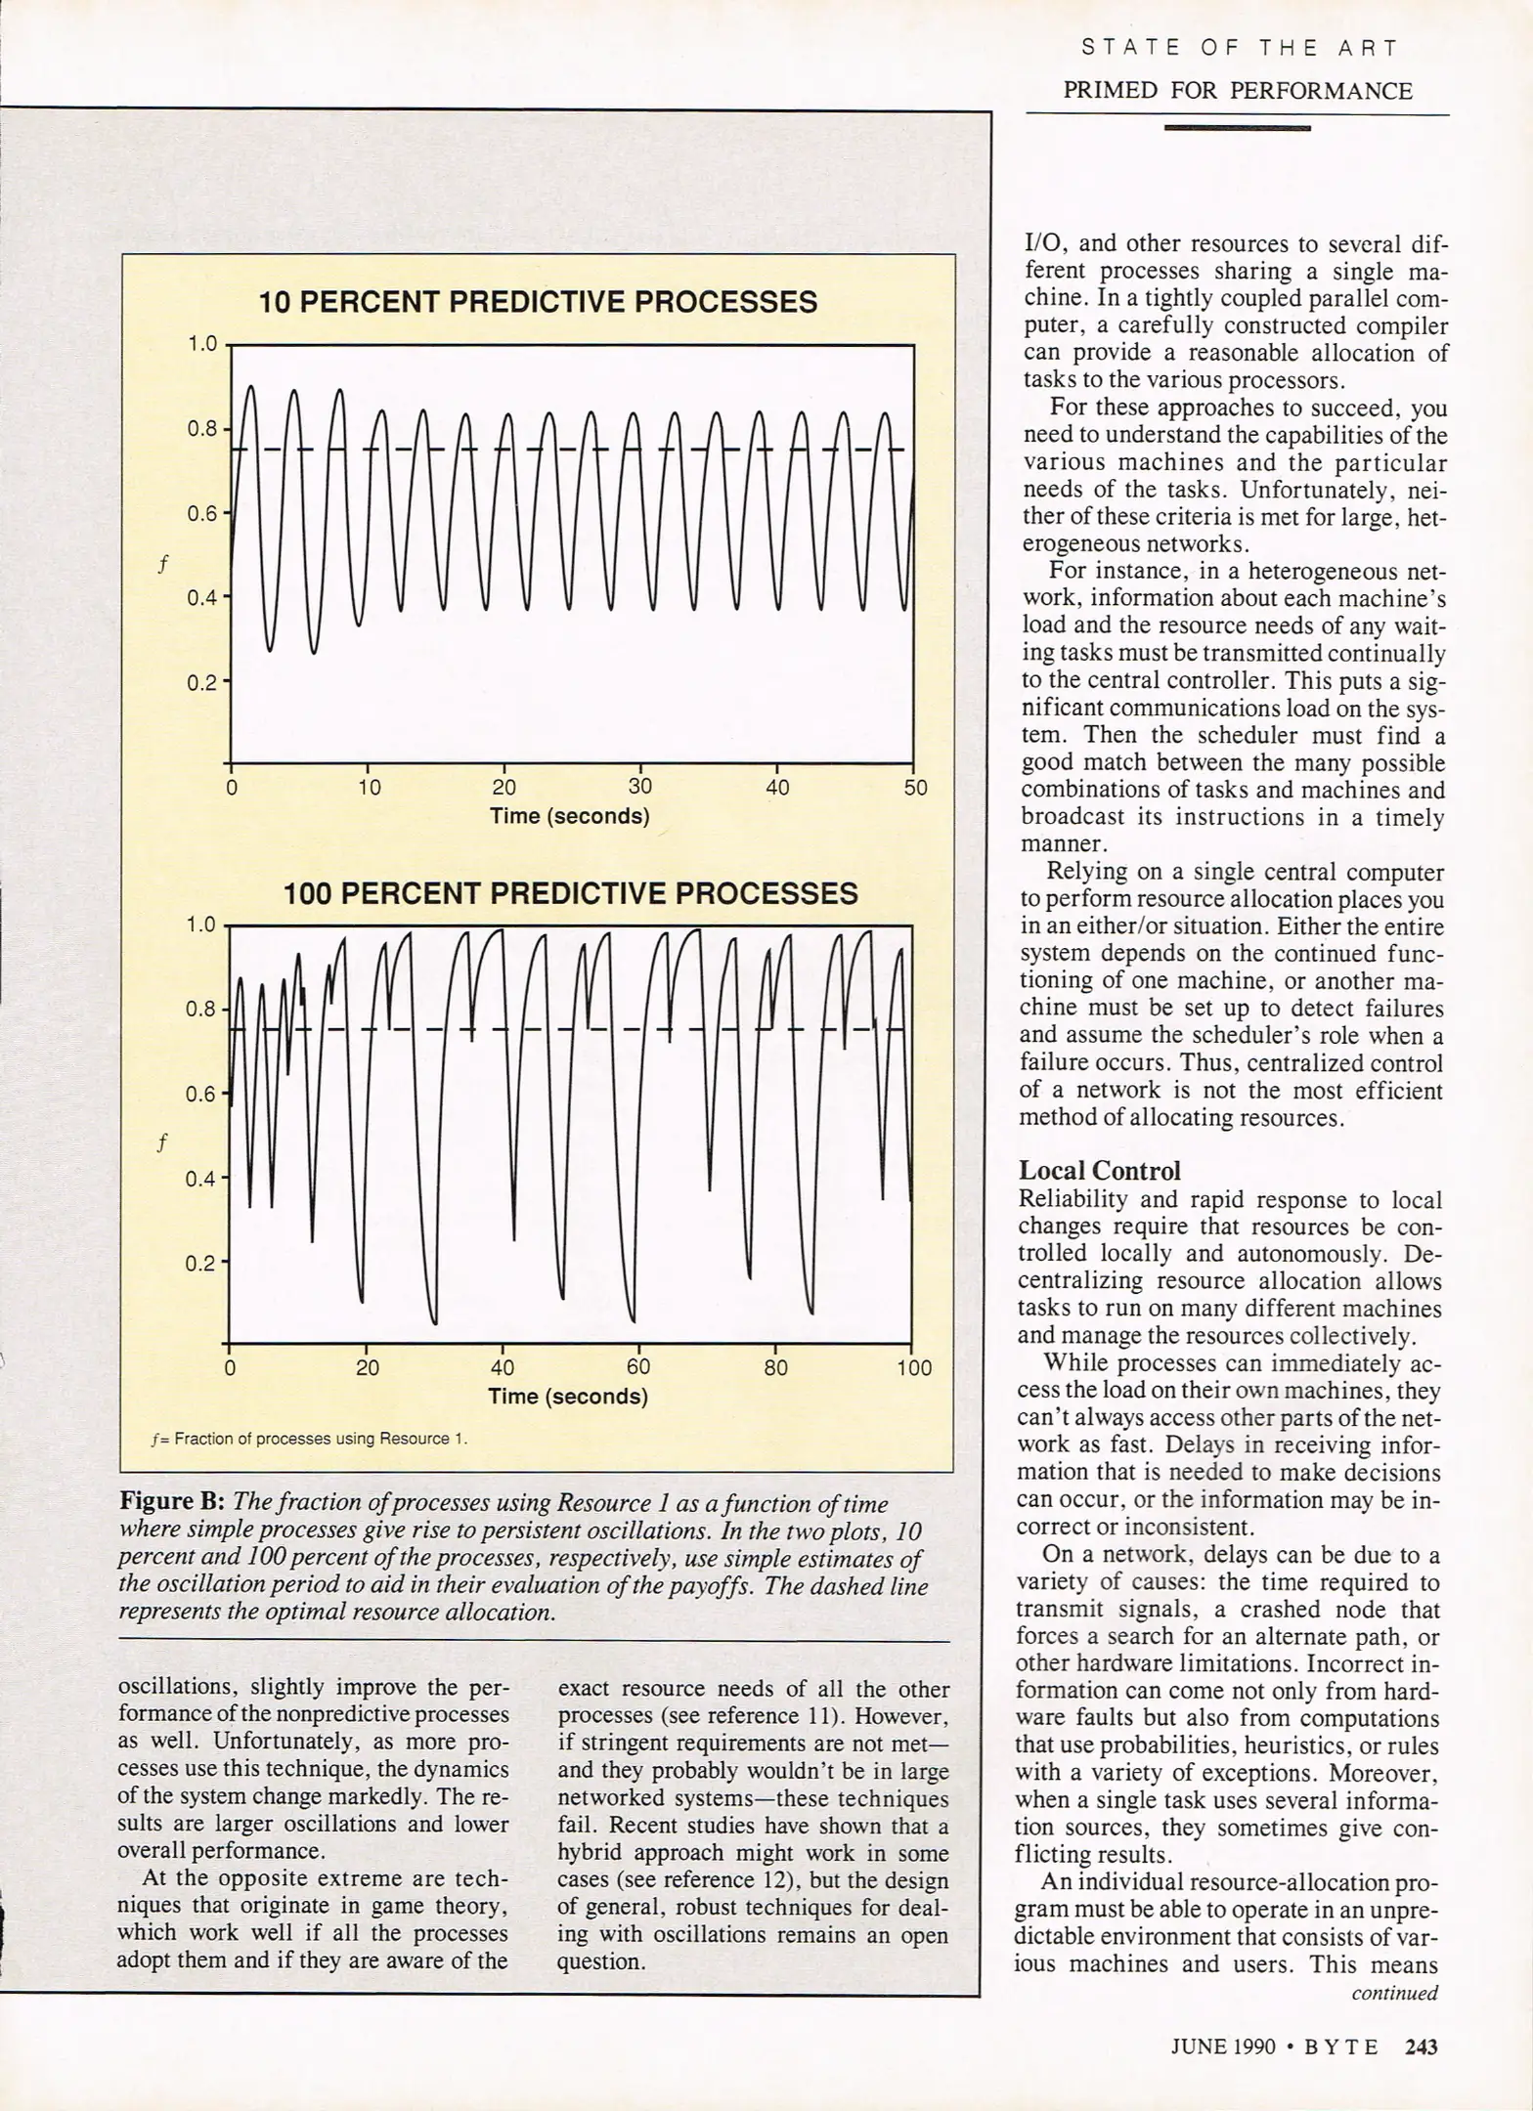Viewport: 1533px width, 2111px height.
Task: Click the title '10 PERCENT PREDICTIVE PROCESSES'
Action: click(538, 302)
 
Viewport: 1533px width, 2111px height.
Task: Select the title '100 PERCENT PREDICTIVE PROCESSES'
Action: click(570, 893)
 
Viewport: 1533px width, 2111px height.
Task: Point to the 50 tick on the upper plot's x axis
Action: click(915, 788)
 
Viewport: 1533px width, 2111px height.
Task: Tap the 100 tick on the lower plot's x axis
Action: click(914, 1368)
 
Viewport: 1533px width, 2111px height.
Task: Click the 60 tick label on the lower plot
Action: click(638, 1368)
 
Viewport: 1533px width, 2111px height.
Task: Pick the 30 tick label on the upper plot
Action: click(640, 788)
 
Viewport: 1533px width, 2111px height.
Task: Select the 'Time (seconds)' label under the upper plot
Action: click(569, 816)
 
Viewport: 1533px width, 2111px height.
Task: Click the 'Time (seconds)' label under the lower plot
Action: click(568, 1397)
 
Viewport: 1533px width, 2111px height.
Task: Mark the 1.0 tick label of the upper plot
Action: click(202, 344)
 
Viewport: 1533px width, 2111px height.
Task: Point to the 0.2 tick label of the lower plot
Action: click(200, 1264)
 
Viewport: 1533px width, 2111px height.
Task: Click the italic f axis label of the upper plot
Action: click(163, 564)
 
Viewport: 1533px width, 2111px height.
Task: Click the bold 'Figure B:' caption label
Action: click(173, 1503)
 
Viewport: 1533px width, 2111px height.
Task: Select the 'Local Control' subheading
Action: click(1100, 1171)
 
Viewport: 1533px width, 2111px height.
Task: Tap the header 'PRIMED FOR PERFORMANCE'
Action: click(1238, 91)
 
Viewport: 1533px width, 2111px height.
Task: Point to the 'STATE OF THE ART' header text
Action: click(1240, 48)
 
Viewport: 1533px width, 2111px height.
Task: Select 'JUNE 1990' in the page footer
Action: click(1223, 2046)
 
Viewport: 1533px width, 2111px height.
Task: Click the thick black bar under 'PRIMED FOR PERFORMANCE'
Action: click(1238, 128)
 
